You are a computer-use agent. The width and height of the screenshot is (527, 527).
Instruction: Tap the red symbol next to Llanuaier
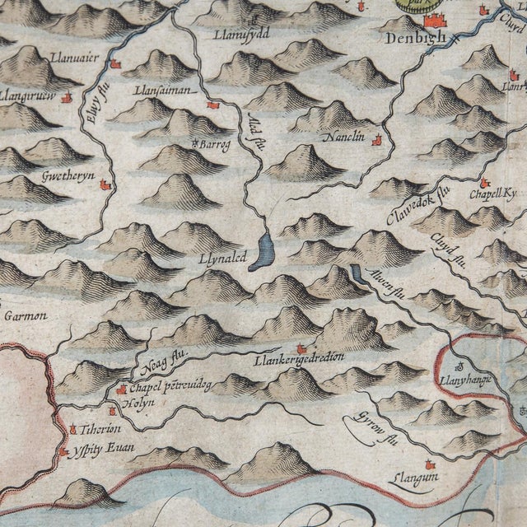coord(115,63)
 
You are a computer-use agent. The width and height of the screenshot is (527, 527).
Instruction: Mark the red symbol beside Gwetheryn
coord(105,186)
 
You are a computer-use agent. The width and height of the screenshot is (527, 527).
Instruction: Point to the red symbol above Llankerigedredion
coord(301,348)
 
